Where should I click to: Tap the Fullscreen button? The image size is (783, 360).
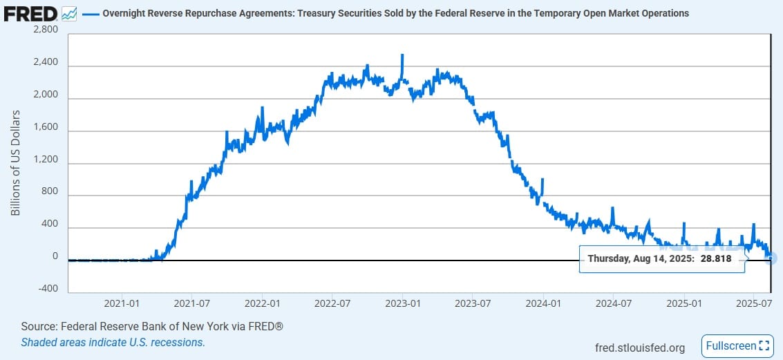(x=736, y=345)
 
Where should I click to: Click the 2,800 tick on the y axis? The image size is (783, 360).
(x=44, y=31)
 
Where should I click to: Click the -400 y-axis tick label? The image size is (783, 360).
(x=46, y=288)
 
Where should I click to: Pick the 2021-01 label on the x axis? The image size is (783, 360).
(x=122, y=303)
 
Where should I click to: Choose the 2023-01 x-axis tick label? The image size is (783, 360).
(x=402, y=303)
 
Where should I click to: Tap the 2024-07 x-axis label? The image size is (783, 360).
(x=614, y=303)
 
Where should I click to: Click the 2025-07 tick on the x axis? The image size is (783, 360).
(x=754, y=303)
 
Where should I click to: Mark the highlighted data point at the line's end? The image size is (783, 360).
(x=772, y=258)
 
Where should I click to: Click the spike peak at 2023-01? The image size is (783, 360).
(x=402, y=55)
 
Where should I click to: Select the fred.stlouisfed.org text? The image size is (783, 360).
(x=639, y=347)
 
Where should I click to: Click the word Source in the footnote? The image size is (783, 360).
(x=38, y=326)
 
